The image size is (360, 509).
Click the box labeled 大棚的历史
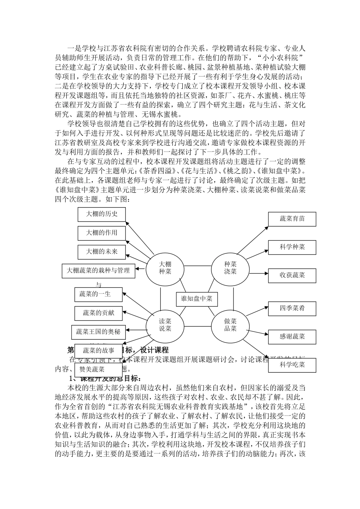pyautogui.click(x=102, y=214)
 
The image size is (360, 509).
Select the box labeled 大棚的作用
pyautogui.click(x=102, y=233)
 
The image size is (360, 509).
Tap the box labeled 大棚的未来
pyautogui.click(x=102, y=251)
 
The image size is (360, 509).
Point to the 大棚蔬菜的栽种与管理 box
pyautogui.click(x=98, y=270)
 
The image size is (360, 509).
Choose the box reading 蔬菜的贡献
pyautogui.click(x=99, y=313)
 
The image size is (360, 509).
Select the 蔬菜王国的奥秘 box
pyautogui.click(x=98, y=332)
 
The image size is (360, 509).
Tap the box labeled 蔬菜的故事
pyautogui.click(x=99, y=351)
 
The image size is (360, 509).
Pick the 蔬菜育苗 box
pyautogui.click(x=292, y=219)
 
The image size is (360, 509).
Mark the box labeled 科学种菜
pyautogui.click(x=292, y=247)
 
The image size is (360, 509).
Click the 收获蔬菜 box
pyautogui.click(x=292, y=275)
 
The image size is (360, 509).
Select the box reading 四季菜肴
pyautogui.click(x=292, y=308)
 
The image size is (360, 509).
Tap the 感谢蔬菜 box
pyautogui.click(x=292, y=336)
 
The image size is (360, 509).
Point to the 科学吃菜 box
pyautogui.click(x=292, y=365)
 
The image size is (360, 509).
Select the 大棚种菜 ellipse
pyautogui.click(x=165, y=268)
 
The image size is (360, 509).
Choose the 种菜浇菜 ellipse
pyautogui.click(x=230, y=268)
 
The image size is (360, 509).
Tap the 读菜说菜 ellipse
pyautogui.click(x=165, y=325)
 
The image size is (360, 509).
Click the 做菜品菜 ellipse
pyautogui.click(x=230, y=325)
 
